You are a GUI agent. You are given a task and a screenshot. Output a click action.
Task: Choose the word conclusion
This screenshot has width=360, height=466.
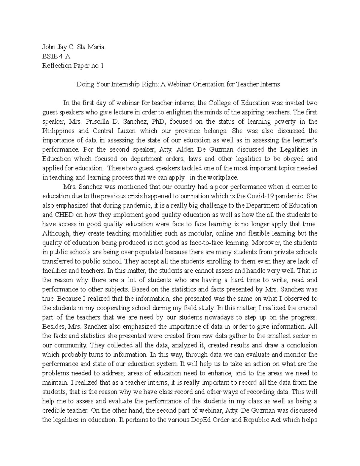(300, 345)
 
